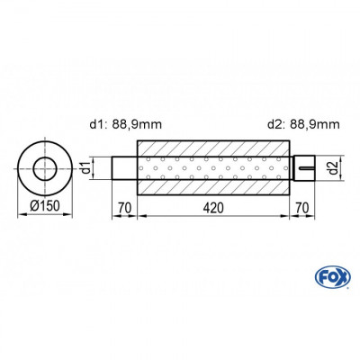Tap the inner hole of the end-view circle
click(43, 166)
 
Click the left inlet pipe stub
click(124, 167)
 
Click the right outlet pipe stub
click(304, 167)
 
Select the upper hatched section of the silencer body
click(214, 148)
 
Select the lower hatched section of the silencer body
click(214, 184)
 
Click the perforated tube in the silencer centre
click(214, 167)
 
